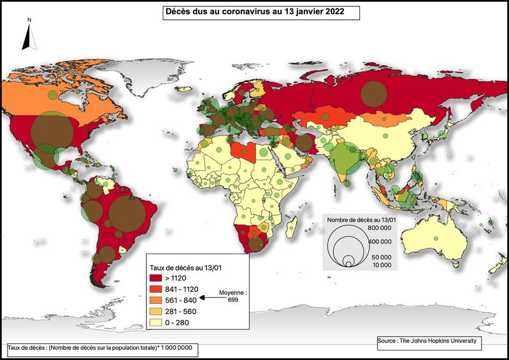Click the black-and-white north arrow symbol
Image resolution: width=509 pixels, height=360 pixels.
(x=28, y=36)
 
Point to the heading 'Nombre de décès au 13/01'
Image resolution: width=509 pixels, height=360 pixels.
(x=361, y=220)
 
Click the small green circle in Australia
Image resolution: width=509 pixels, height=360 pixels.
(x=436, y=238)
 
